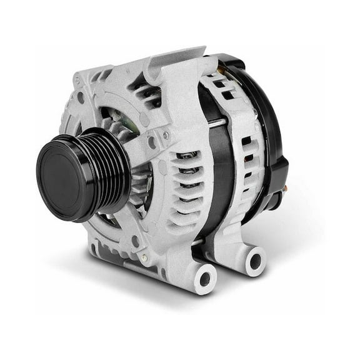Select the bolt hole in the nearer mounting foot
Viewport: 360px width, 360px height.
206,276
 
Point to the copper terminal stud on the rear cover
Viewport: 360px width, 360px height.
285,187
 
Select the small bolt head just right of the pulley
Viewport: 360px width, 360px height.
166,136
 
